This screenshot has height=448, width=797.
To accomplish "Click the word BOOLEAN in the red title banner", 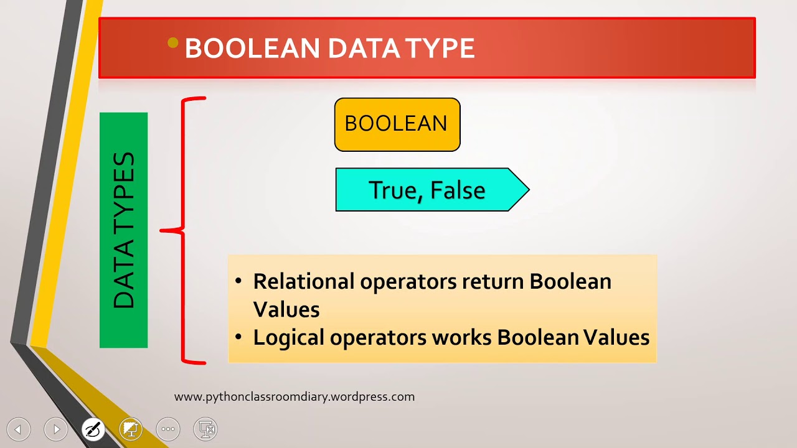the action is click(253, 48).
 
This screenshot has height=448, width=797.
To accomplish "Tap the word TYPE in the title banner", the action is click(440, 48).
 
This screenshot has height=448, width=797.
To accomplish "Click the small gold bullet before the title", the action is click(173, 43).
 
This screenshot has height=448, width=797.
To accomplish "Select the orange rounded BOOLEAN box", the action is click(397, 124).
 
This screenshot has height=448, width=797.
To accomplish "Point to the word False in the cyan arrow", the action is click(458, 190).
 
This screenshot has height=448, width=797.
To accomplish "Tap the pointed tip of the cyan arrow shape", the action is click(529, 190).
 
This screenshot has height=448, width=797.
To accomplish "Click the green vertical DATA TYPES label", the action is click(123, 230).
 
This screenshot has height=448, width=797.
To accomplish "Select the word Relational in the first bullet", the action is click(304, 282).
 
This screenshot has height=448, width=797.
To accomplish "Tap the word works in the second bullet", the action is click(462, 337).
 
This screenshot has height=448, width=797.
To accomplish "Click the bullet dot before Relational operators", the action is click(238, 281).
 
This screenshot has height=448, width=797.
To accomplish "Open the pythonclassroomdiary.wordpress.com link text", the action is click(295, 397).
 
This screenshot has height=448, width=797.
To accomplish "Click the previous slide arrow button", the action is click(19, 429).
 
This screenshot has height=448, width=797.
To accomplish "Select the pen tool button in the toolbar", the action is click(93, 429).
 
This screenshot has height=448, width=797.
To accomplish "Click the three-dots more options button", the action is click(168, 429).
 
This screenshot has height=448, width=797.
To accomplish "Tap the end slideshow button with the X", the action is click(205, 429).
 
